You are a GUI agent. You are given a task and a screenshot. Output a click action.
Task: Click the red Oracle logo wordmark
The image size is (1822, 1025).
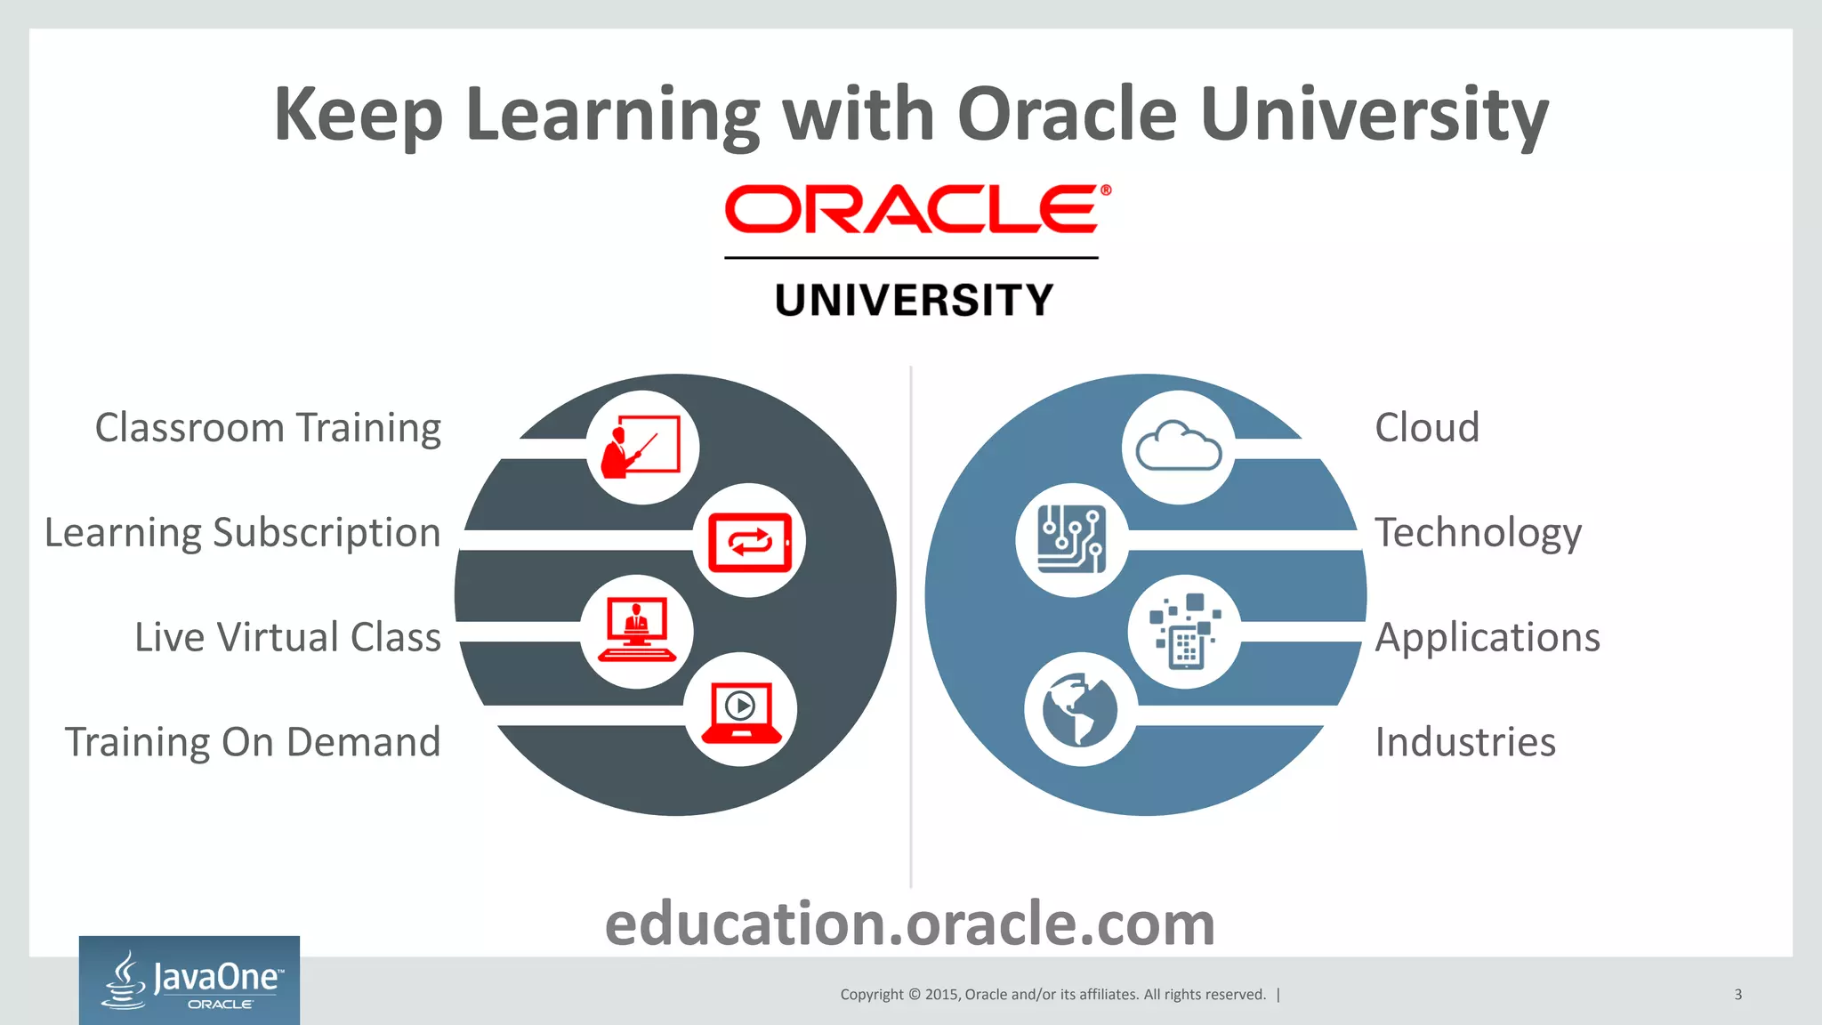tap(916, 209)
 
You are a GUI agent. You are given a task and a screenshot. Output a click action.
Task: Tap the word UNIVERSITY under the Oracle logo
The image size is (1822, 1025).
tap(914, 300)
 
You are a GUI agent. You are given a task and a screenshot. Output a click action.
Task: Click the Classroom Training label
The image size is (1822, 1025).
tap(268, 428)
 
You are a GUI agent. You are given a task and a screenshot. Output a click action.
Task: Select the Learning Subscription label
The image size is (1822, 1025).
tap(242, 533)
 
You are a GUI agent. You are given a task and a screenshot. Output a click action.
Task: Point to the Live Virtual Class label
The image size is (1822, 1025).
tap(287, 637)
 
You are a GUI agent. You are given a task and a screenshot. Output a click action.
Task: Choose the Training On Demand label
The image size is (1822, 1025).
tap(253, 742)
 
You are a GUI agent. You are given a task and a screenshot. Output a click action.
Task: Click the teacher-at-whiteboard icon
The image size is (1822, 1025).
tap(641, 447)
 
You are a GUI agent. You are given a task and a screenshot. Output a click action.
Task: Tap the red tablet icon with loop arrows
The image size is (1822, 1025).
tap(749, 541)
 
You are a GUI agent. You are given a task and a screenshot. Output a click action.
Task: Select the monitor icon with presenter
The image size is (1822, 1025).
tap(636, 630)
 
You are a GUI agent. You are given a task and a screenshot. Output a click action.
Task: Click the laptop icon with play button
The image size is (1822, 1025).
tap(741, 711)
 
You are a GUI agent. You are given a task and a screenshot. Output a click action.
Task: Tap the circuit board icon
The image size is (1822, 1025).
tap(1072, 539)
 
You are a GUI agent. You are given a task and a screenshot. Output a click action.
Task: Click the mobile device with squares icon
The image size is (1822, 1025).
tap(1185, 631)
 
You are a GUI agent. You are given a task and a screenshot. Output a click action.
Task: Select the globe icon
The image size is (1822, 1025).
tap(1080, 709)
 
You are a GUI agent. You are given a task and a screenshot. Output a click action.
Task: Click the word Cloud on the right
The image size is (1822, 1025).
tap(1427, 428)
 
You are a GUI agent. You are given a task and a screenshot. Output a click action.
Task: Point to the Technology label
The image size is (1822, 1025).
tap(1478, 533)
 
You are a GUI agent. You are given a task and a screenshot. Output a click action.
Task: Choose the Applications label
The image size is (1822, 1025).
tap(1487, 637)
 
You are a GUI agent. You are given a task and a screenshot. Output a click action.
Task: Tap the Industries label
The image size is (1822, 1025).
tap(1465, 742)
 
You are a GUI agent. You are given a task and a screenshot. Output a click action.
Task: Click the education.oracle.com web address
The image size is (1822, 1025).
tap(910, 924)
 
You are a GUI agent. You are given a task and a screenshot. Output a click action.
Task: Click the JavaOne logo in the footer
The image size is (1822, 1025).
tap(189, 981)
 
